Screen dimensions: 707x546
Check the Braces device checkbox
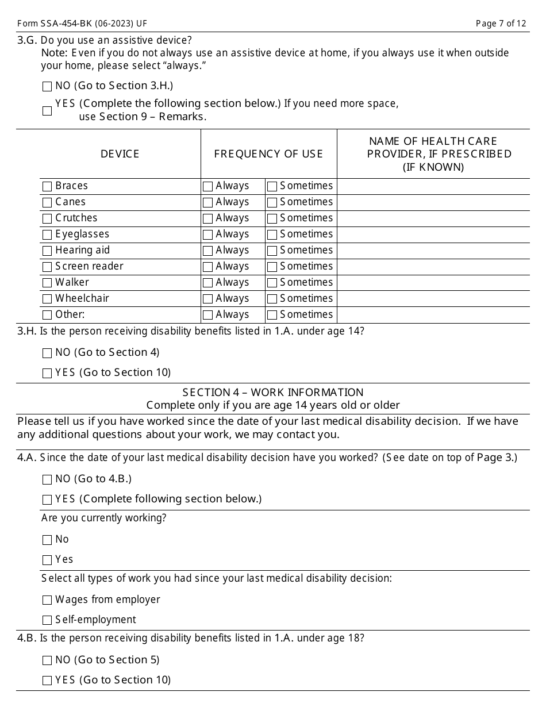pyautogui.click(x=47, y=187)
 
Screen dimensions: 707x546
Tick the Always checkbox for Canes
pyautogui.click(x=208, y=203)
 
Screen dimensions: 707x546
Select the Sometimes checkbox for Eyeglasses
pyautogui.click(x=272, y=235)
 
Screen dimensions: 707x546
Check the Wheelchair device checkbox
pyautogui.click(x=47, y=299)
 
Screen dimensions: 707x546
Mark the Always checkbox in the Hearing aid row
pyautogui.click(x=208, y=251)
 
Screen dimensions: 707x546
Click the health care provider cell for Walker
pyautogui.click(x=433, y=283)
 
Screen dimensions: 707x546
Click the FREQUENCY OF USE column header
pyautogui.click(x=268, y=154)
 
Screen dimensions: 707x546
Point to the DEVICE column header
pyautogui.click(x=120, y=154)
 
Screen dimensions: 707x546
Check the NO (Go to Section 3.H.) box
pyautogui.click(x=47, y=87)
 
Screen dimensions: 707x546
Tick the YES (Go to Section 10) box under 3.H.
pyautogui.click(x=47, y=374)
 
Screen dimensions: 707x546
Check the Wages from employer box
pyautogui.click(x=47, y=601)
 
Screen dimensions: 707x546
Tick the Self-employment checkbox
pyautogui.click(x=47, y=621)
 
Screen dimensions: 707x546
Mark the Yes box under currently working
pyautogui.click(x=47, y=560)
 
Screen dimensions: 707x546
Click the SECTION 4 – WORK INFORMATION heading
pyautogui.click(x=273, y=393)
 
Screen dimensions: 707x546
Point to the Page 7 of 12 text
pyautogui.click(x=501, y=24)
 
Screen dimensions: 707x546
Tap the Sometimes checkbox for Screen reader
pyautogui.click(x=272, y=267)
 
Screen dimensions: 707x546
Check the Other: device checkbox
pyautogui.click(x=47, y=316)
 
